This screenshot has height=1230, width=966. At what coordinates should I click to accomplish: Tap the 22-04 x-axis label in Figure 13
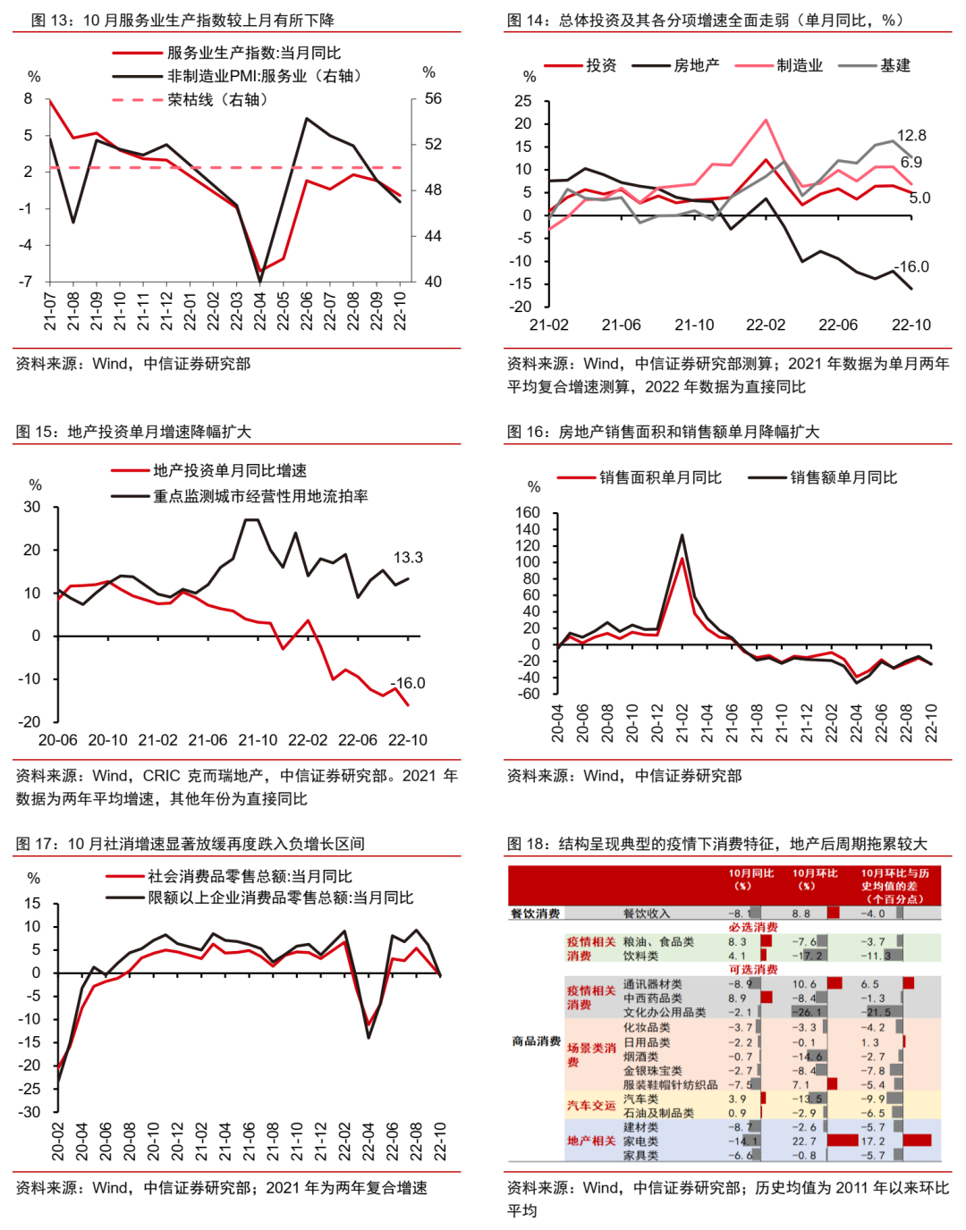(x=260, y=311)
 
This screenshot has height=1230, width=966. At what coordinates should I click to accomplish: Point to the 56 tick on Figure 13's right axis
(x=433, y=98)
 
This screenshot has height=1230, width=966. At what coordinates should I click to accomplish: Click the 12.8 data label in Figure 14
(x=911, y=136)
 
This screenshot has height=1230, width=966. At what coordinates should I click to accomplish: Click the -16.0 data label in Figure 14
(x=911, y=266)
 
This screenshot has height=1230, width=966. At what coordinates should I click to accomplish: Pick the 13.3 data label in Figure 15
(x=408, y=558)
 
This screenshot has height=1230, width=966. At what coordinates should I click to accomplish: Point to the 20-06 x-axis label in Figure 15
(x=57, y=740)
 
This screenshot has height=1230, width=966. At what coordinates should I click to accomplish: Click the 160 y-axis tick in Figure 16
(x=528, y=512)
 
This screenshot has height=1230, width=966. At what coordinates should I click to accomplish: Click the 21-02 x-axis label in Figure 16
(x=682, y=723)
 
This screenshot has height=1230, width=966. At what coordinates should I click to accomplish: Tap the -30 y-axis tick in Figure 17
(x=31, y=1112)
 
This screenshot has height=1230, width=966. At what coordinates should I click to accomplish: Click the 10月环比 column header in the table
(x=814, y=880)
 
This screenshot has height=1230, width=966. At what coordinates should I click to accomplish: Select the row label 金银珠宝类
(x=653, y=1071)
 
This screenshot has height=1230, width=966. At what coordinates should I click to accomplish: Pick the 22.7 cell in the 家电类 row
(x=804, y=1141)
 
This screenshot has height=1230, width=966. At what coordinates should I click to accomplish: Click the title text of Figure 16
(x=663, y=432)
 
